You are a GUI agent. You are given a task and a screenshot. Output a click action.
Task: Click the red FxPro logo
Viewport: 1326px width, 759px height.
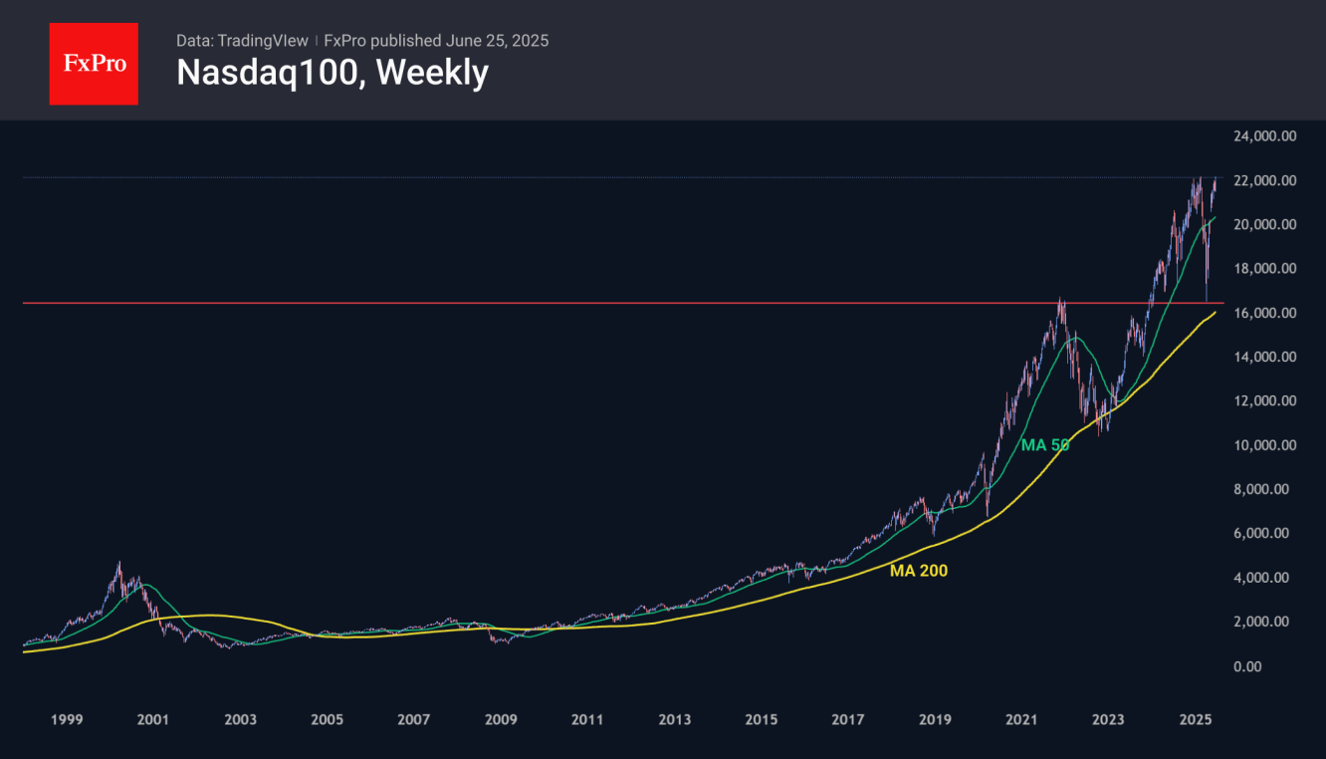[94, 64]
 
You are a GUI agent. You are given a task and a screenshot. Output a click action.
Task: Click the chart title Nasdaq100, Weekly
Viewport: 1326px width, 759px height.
[331, 73]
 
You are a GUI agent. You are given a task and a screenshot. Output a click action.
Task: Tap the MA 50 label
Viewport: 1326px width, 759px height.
[1044, 445]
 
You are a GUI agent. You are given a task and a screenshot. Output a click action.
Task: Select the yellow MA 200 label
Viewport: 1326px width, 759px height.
[919, 571]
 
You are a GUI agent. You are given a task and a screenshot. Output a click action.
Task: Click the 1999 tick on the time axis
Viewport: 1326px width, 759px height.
[66, 719]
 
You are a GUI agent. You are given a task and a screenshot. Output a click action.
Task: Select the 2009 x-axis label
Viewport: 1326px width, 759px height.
[501, 719]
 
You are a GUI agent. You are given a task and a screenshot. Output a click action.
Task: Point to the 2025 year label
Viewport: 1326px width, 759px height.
[1195, 719]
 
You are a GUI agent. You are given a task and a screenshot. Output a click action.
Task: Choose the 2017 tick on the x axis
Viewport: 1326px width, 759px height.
[848, 719]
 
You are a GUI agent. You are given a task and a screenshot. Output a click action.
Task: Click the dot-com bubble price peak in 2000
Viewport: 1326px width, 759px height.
[118, 564]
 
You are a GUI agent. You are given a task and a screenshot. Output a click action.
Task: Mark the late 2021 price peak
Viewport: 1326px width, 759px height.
[1061, 299]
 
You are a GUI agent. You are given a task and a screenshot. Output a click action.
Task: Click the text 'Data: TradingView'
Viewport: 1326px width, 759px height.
[242, 41]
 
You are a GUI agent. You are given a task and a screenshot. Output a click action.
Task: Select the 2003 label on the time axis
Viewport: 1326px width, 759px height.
[240, 719]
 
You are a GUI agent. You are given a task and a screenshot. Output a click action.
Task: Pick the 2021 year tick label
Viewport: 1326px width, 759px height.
[1021, 719]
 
